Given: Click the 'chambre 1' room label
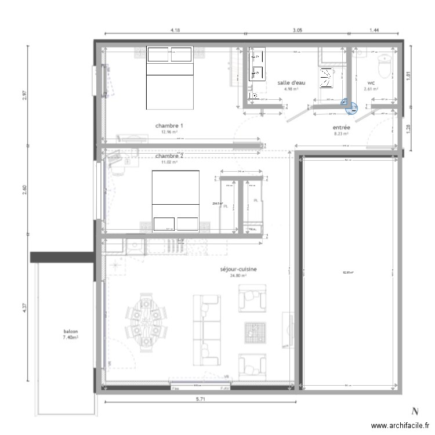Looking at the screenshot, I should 169,125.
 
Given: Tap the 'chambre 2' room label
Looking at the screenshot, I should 169,156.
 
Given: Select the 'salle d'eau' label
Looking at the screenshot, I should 291,83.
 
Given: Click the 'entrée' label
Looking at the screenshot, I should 340,128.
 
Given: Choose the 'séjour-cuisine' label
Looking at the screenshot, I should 238,270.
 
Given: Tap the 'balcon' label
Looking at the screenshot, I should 71,332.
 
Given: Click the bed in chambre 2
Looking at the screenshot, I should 175,201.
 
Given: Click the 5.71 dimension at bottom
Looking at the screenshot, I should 201,400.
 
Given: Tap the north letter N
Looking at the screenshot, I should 415,411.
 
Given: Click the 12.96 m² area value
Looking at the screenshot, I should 169,132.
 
